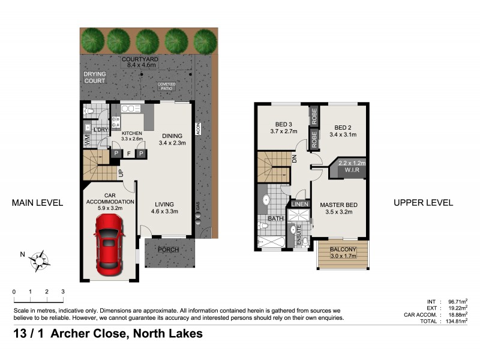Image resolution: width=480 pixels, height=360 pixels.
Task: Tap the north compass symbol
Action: tap(40, 259)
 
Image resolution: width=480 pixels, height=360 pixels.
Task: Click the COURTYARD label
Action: tap(140, 60)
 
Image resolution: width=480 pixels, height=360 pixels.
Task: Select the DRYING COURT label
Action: tap(94, 77)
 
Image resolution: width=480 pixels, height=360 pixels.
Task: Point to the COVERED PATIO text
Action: tap(165, 86)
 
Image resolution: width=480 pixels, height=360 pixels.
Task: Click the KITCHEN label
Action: tap(131, 133)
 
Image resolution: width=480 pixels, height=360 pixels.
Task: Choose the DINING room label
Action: tap(172, 135)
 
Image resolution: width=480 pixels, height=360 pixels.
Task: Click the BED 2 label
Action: tap(343, 128)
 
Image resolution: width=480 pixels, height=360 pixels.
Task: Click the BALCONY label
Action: tap(343, 249)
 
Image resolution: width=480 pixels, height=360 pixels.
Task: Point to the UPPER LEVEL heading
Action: tap(423, 203)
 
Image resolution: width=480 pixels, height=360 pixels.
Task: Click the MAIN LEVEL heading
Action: tap(37, 203)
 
